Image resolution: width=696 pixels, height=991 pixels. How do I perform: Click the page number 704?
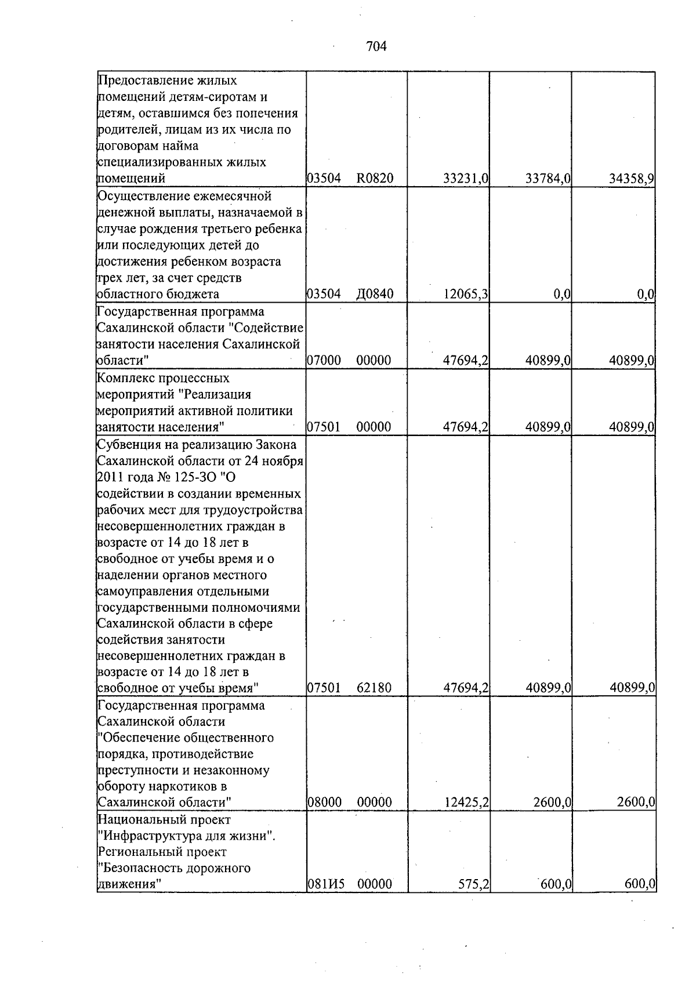[x=376, y=46]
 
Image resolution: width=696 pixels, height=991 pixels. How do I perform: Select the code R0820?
[x=375, y=179]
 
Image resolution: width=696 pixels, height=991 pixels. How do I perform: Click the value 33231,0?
[x=465, y=179]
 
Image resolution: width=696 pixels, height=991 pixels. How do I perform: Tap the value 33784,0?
[x=548, y=179]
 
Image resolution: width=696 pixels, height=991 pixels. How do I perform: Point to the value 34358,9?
[x=631, y=179]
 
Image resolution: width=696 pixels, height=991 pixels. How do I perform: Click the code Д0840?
[x=375, y=295]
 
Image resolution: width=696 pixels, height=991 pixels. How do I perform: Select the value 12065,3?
[x=465, y=295]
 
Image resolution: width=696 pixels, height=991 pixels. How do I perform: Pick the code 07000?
[x=324, y=361]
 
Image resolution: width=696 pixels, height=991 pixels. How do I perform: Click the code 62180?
[x=374, y=688]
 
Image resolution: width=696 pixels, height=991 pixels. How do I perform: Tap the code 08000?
[x=324, y=803]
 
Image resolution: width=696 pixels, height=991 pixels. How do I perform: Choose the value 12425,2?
[x=465, y=803]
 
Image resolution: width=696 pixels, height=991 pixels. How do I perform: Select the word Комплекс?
[x=123, y=378]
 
